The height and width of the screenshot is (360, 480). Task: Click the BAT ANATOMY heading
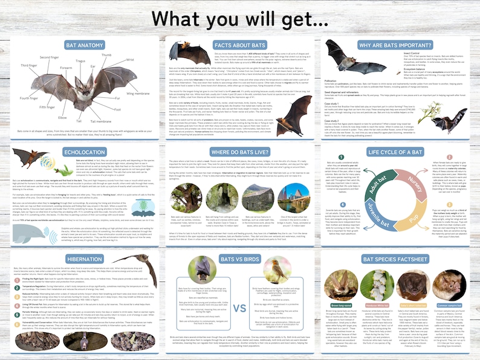coord(81,45)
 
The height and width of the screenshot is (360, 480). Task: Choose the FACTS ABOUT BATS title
coord(240,45)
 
